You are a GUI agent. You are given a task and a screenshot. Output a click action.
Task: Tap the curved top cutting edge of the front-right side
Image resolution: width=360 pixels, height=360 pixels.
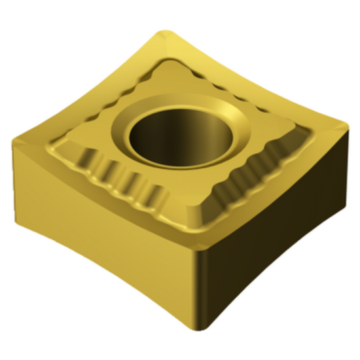(281, 190)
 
